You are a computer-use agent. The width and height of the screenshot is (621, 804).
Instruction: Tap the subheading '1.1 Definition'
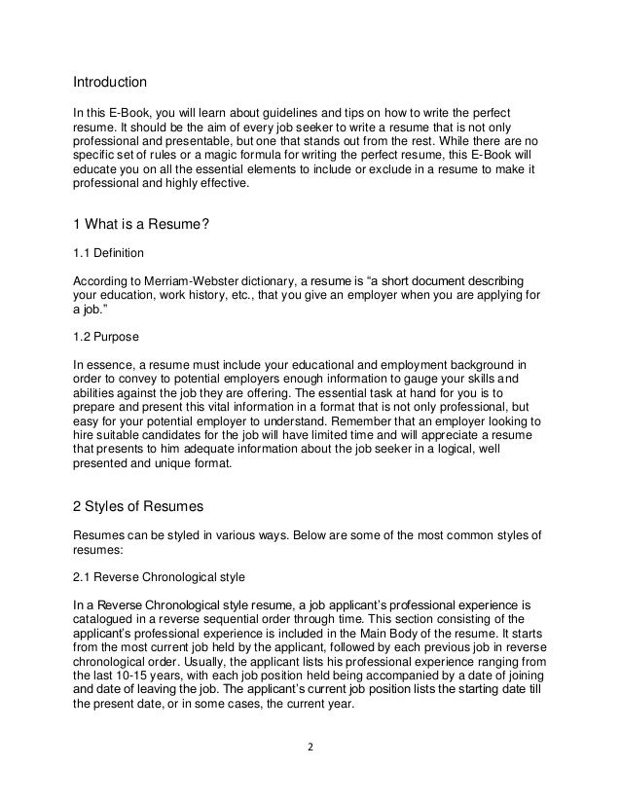pyautogui.click(x=109, y=252)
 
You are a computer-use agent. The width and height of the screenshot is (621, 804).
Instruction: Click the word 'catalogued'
pyautogui.click(x=111, y=616)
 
